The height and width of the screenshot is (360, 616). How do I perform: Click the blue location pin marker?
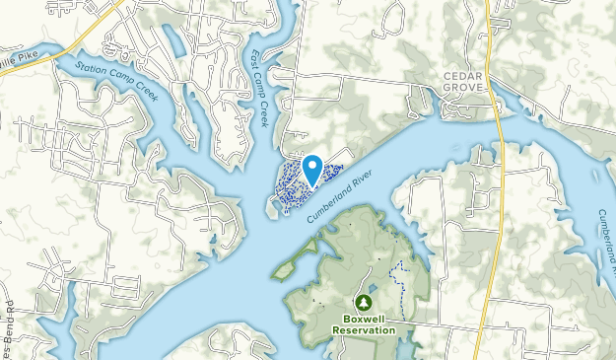(x=312, y=169)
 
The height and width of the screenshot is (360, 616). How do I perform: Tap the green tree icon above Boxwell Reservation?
(x=363, y=303)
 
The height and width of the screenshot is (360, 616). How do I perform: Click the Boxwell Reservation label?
(x=363, y=324)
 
